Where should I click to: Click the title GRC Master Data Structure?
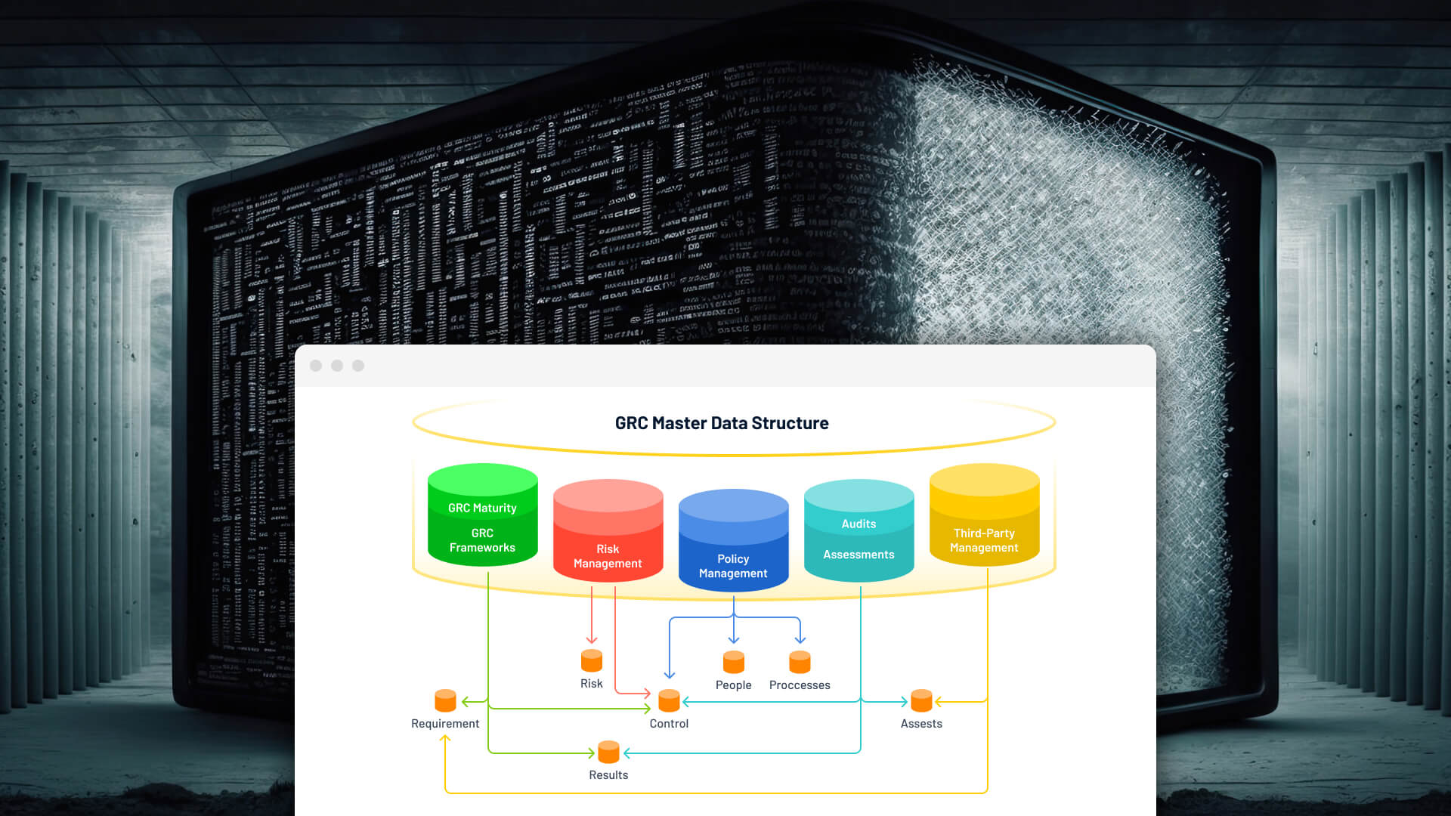coord(722,423)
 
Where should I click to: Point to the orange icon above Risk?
coord(592,660)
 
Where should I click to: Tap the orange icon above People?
coord(734,662)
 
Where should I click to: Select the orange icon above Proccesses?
coord(800,662)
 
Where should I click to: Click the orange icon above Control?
coord(669,700)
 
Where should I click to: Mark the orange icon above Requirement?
coord(445,700)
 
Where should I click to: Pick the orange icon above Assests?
coord(921,700)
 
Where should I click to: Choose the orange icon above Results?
coord(608,752)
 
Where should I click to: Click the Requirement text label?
coord(445,724)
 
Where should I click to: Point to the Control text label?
coord(669,724)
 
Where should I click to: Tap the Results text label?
coord(608,775)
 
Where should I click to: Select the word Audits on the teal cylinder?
coord(859,524)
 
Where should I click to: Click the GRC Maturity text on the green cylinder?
coord(482,508)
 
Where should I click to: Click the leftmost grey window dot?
coord(316,366)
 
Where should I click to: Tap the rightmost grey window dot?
coord(358,366)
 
